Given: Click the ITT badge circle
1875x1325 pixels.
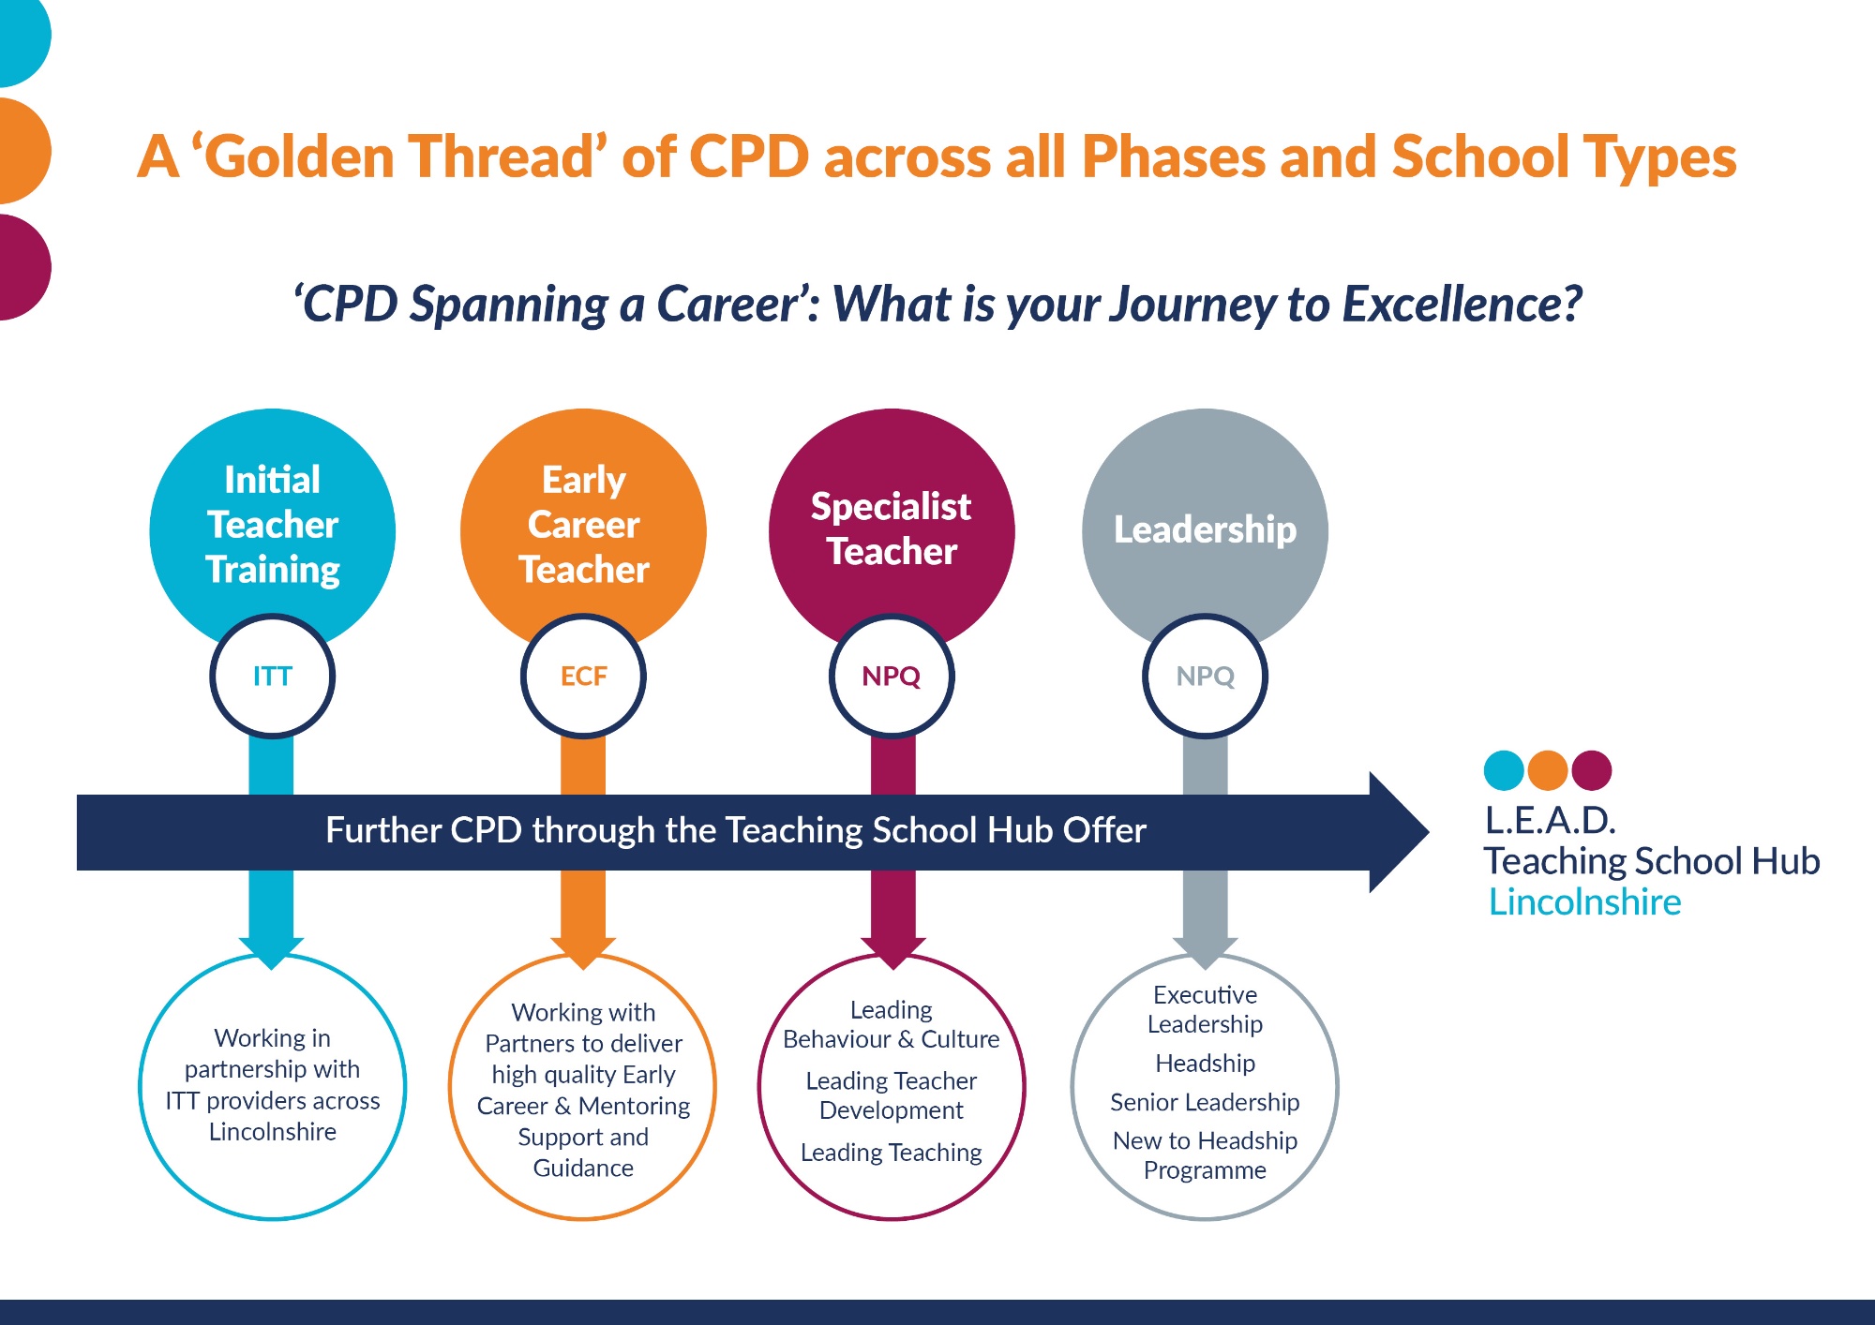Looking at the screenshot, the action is click(x=272, y=676).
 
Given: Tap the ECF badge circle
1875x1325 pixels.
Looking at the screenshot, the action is click(x=583, y=676).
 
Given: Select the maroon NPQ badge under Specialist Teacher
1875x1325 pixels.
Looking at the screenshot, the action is click(x=892, y=676).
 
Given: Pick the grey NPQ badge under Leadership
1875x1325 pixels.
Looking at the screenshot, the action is click(x=1205, y=676).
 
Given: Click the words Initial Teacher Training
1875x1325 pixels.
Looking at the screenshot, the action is click(x=273, y=525).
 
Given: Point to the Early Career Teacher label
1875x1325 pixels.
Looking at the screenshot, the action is click(x=583, y=525).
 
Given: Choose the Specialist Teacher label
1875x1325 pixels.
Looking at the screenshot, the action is click(x=892, y=529).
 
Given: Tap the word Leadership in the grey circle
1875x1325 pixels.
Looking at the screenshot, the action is click(x=1205, y=529).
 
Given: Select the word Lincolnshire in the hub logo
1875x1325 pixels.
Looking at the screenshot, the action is click(x=1584, y=901).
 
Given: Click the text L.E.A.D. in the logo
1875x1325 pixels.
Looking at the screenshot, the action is click(x=1550, y=820).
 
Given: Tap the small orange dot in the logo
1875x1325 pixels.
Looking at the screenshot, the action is click(x=1548, y=770).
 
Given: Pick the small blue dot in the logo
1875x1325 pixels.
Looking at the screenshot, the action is click(x=1504, y=770).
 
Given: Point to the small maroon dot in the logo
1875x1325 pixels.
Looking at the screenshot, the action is click(x=1592, y=770).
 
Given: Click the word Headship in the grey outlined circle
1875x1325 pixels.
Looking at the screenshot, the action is click(x=1205, y=1064).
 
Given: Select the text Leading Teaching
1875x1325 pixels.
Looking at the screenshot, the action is click(x=891, y=1153).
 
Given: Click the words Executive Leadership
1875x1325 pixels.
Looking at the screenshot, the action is click(x=1205, y=1009).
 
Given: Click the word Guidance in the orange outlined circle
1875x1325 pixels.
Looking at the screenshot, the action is click(x=583, y=1169).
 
